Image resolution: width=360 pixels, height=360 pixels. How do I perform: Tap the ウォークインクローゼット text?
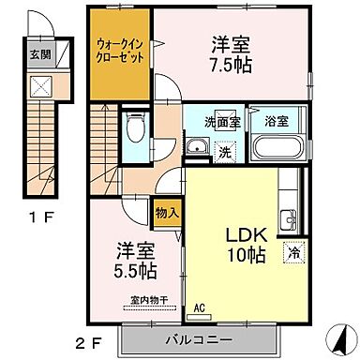pyautogui.click(x=119, y=47)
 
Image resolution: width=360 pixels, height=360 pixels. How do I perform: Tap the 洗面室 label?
pyautogui.click(x=224, y=122)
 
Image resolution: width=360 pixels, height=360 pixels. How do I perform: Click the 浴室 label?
pyautogui.click(x=276, y=121)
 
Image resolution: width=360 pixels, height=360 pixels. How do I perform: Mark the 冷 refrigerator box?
pyautogui.click(x=294, y=251)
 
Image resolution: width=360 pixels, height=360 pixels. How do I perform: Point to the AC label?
pyautogui.click(x=199, y=306)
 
